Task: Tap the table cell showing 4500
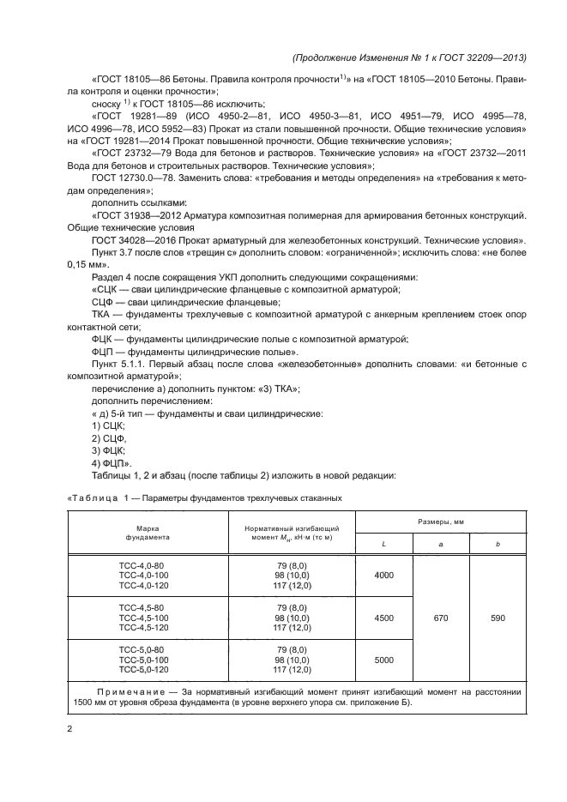tap(383, 617)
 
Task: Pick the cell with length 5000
tap(383, 660)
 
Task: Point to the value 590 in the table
tap(498, 617)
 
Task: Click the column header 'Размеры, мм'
tap(441, 521)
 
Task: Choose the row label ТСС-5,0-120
tap(142, 670)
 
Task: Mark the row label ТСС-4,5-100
tap(142, 617)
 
